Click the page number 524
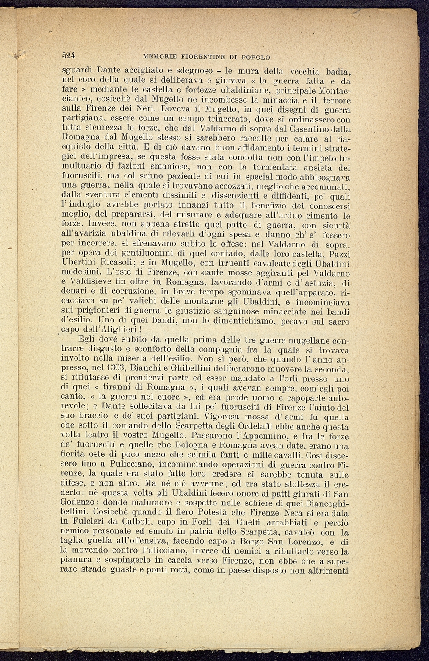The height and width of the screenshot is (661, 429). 68,55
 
